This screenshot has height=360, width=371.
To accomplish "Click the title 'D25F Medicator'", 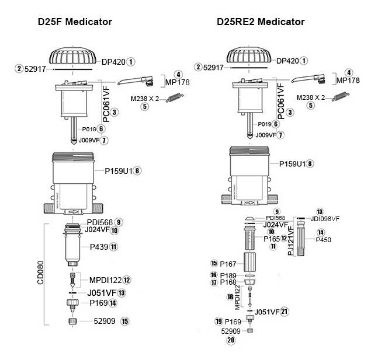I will point(75,22).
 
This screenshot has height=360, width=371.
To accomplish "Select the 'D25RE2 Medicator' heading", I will point(261,22).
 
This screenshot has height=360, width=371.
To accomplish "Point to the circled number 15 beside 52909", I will point(124,321).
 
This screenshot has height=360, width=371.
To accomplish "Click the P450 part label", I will point(323,240).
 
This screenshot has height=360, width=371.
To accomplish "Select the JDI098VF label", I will point(325,219).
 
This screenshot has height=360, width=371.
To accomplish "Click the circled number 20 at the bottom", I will point(231,340).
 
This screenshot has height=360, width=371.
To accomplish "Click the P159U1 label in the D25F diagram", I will point(118,170).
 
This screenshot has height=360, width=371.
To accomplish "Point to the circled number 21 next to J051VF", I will point(285,312).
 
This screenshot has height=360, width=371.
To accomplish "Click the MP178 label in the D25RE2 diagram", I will point(349,81).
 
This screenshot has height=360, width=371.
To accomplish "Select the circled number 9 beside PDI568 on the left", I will point(119,222).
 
